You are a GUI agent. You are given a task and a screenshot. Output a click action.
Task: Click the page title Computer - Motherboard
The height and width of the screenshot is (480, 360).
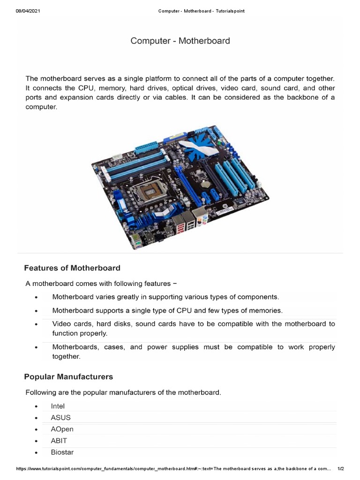[180, 41]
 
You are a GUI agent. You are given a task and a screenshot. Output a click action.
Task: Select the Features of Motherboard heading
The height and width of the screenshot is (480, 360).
[72, 268]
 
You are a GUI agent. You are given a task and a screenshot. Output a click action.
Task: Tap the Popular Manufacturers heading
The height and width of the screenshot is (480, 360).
[68, 377]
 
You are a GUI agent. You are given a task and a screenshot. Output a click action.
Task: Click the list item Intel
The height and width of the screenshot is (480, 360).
[58, 406]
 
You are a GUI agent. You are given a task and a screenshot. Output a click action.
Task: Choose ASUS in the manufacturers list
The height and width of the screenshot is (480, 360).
[61, 417]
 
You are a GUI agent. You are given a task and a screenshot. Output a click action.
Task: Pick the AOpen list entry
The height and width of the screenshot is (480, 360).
[62, 429]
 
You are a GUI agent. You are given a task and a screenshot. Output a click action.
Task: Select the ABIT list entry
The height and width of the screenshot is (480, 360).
[59, 441]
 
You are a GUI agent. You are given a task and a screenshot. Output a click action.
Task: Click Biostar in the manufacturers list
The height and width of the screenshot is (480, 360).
[62, 452]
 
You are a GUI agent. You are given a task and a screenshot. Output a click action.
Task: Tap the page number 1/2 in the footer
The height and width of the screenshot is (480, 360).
[341, 469]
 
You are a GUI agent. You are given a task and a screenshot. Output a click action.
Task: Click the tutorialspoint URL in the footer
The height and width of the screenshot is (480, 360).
[173, 469]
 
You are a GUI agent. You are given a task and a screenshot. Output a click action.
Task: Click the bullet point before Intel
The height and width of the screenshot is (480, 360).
[36, 406]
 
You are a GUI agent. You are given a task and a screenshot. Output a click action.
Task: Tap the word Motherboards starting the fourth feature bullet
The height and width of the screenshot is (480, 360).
[75, 347]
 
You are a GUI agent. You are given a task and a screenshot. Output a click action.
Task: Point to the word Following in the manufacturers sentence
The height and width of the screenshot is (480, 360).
[41, 392]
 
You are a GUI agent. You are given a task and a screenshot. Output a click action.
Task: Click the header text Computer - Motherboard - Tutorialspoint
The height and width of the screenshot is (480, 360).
[201, 11]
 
